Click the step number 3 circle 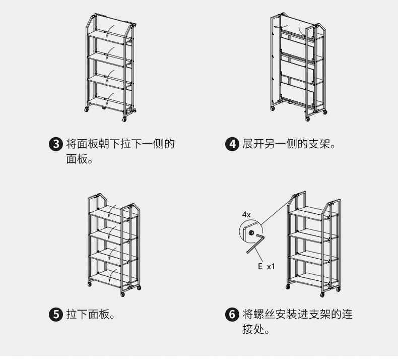click(57, 145)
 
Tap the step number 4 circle click(233, 145)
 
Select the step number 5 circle click(57, 315)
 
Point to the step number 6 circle click(233, 315)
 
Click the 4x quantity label click(246, 214)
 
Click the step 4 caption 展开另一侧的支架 click(289, 145)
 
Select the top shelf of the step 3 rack click(110, 35)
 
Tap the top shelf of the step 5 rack click(108, 214)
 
